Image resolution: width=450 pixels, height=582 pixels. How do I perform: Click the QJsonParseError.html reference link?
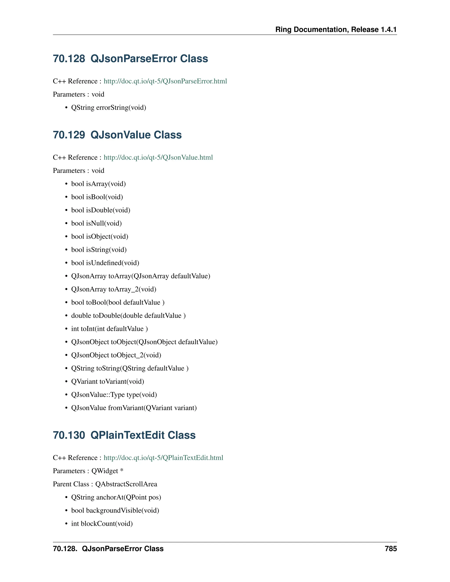(165, 81)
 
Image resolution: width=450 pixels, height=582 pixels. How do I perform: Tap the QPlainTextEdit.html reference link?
(163, 458)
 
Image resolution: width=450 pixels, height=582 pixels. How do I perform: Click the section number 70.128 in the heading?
(69, 59)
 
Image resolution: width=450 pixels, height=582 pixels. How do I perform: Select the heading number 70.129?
(69, 135)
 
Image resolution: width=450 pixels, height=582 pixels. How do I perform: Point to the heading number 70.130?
(69, 435)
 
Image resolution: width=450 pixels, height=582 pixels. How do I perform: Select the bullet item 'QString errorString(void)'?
(109, 108)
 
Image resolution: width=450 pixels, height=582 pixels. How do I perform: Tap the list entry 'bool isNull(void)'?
(96, 223)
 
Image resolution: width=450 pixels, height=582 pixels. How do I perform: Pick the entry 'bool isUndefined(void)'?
(105, 263)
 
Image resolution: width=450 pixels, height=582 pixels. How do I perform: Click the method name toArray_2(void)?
(132, 289)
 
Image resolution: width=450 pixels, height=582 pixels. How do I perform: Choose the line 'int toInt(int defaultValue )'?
(109, 329)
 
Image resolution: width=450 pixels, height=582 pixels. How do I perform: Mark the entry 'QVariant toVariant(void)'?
(107, 382)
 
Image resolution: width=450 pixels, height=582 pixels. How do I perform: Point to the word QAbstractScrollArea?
(126, 484)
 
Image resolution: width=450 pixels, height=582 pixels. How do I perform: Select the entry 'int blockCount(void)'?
(102, 524)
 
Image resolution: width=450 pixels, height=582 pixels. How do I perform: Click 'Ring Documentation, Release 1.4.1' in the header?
(336, 30)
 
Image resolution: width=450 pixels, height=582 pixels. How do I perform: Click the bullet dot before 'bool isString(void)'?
(66, 250)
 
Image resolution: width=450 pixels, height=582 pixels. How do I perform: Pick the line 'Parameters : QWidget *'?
(88, 471)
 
